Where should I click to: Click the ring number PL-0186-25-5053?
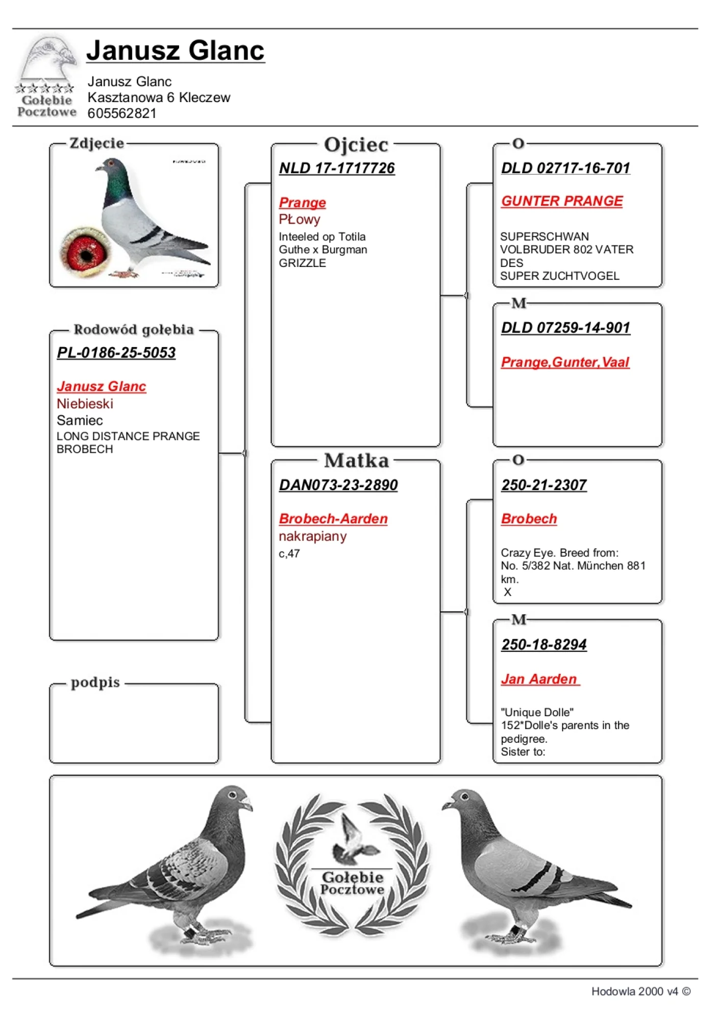(x=116, y=352)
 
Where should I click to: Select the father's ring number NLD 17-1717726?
(x=337, y=168)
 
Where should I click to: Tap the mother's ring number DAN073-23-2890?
(x=338, y=484)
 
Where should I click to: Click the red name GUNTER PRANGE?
(x=562, y=201)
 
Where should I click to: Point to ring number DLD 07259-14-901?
(x=565, y=328)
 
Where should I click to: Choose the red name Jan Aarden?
(x=539, y=679)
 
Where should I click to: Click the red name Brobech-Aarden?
(x=333, y=519)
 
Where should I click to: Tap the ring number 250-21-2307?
(x=544, y=484)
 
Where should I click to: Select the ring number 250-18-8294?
(x=544, y=644)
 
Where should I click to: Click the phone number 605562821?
(x=122, y=113)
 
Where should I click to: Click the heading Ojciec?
(x=356, y=145)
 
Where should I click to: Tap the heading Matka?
(x=356, y=461)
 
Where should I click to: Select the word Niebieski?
(x=85, y=404)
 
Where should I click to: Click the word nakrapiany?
(x=312, y=537)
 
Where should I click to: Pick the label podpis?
(x=95, y=683)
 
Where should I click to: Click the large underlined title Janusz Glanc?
(x=176, y=51)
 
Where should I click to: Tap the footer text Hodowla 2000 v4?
(x=635, y=991)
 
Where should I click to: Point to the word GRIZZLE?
(x=302, y=263)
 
